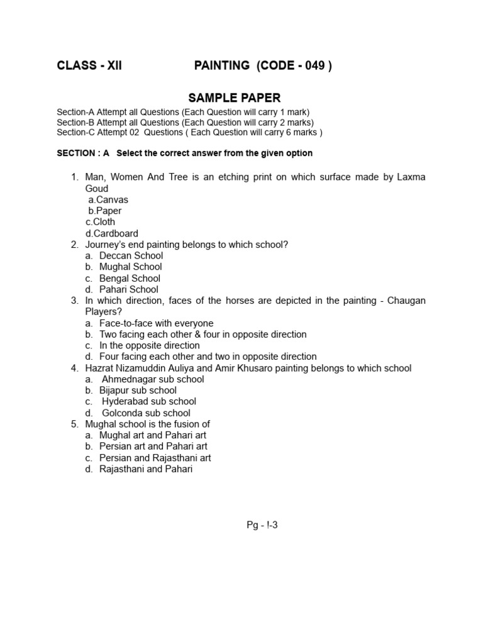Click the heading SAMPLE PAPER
tap(235, 97)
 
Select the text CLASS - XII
tap(89, 66)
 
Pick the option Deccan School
tap(131, 255)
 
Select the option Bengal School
tap(130, 278)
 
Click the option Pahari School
tap(129, 289)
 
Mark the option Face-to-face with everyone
tap(156, 323)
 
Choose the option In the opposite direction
tap(149, 345)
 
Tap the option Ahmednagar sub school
tap(153, 379)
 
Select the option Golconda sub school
tap(146, 413)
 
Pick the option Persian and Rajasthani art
tap(155, 458)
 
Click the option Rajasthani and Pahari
tap(146, 469)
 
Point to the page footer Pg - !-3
tap(262, 525)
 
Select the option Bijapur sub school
tap(138, 390)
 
